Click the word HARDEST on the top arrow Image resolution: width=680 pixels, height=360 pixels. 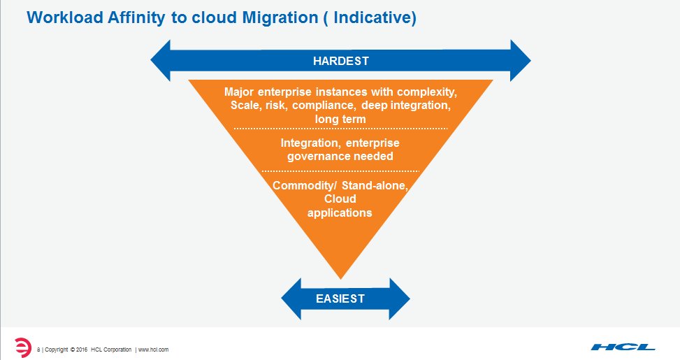(x=340, y=61)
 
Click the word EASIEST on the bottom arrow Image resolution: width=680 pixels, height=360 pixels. (x=340, y=298)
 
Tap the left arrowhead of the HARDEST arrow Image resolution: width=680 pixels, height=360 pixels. (x=161, y=61)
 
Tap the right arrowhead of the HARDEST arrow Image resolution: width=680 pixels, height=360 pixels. (x=520, y=61)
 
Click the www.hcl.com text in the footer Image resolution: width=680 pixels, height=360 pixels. (x=153, y=349)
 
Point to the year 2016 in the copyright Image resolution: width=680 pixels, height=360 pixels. (x=81, y=349)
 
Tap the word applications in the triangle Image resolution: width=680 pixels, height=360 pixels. (x=340, y=213)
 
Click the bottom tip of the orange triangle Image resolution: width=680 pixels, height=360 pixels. (x=340, y=277)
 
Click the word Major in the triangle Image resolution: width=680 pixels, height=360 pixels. (x=239, y=92)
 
